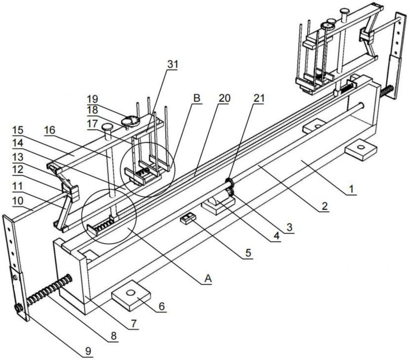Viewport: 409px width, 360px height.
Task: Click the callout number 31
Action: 172,65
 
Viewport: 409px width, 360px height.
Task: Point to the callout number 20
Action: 224,98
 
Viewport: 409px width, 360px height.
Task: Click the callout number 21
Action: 259,98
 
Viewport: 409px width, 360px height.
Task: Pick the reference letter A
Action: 208,279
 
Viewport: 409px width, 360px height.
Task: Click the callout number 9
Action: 89,351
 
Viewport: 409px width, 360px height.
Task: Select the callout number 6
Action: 162,306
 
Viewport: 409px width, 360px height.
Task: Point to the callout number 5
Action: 248,253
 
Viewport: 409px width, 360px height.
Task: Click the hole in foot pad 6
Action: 130,292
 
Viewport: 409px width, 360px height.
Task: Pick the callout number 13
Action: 18,157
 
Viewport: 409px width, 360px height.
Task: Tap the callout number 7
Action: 133,324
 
